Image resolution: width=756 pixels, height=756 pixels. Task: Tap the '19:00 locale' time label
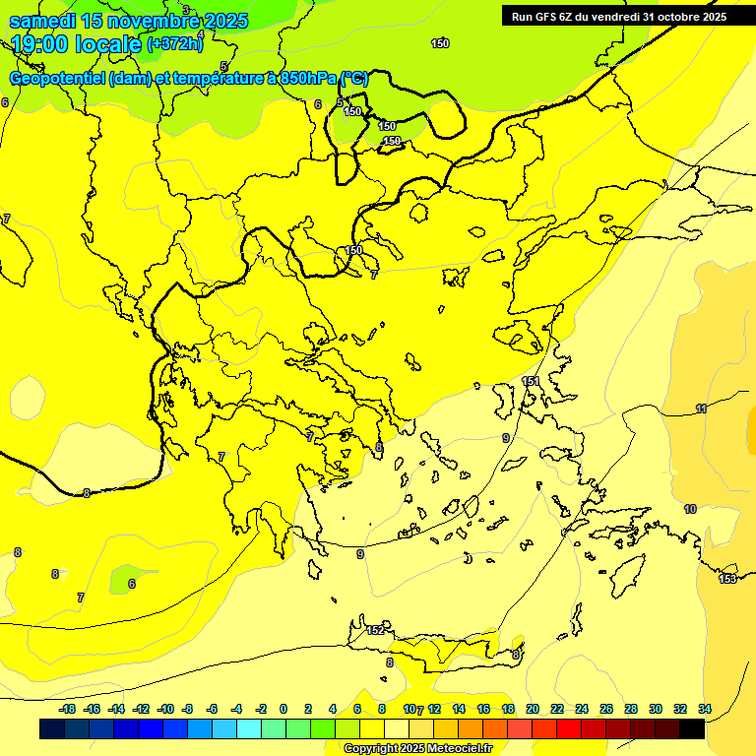tap(76, 43)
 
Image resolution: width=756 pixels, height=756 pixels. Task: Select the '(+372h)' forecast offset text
tap(175, 43)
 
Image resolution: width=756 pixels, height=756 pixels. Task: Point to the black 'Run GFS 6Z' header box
tap(619, 16)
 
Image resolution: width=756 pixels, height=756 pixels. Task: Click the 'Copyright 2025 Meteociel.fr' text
tap(417, 749)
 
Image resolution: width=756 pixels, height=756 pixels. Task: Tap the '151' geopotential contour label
tap(531, 381)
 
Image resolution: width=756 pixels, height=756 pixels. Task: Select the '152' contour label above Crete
tap(375, 630)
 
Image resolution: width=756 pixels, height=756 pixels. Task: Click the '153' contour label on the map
tap(727, 579)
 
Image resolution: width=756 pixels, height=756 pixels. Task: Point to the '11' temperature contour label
tap(701, 409)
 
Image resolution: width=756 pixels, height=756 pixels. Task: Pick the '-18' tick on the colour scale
tap(67, 709)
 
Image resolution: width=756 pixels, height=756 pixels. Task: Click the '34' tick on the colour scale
tap(705, 709)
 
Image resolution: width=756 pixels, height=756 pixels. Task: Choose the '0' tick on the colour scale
tap(283, 709)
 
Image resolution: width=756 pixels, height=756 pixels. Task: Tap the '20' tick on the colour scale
tap(533, 709)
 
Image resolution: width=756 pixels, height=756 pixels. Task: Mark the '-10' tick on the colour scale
tap(165, 709)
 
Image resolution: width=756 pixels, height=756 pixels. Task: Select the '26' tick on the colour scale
tap(606, 709)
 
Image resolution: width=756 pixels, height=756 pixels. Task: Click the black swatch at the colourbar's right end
tap(692, 729)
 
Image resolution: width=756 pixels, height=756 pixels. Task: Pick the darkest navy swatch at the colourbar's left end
tap(52, 729)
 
